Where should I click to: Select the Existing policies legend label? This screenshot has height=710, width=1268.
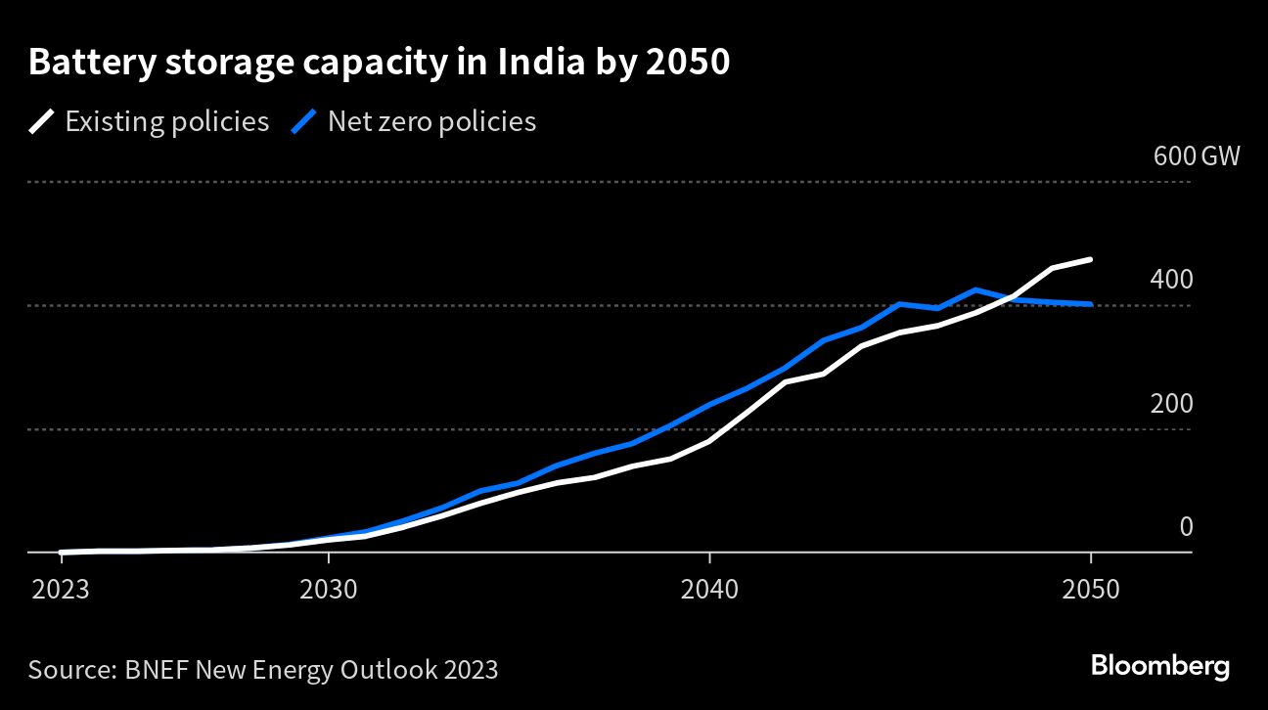[x=166, y=121]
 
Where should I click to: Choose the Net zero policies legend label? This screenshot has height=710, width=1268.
[x=431, y=121]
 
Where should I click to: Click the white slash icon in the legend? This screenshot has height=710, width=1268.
[x=43, y=122]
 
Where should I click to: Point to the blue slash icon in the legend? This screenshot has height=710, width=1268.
[x=306, y=122]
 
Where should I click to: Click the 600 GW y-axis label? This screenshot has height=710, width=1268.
[x=1197, y=155]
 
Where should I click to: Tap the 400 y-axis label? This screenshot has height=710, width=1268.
[x=1172, y=280]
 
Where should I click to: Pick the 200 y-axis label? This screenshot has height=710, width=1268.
[x=1172, y=404]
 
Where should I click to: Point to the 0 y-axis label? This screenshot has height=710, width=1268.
[x=1187, y=527]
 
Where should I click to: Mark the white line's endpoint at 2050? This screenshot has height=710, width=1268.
[x=1090, y=260]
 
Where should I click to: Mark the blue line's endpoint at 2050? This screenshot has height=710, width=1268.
[x=1090, y=304]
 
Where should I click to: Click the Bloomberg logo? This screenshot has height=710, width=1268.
[x=1159, y=667]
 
